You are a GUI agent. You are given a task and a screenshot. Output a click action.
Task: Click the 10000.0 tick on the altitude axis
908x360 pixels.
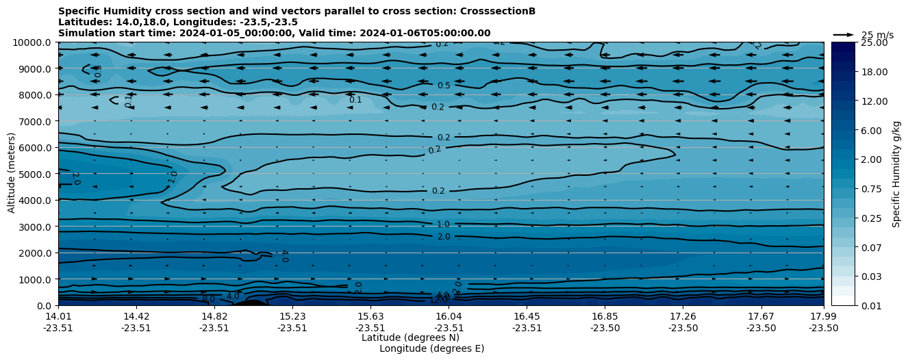pos(33,42)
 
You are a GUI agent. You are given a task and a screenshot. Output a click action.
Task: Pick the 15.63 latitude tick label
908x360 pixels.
pos(370,316)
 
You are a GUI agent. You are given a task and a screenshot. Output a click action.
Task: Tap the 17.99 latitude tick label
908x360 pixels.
pos(823,316)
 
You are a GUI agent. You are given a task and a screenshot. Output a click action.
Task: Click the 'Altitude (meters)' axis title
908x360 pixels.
pos(12,174)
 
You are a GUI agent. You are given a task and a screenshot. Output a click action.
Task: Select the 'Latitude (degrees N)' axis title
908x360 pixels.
pos(410,337)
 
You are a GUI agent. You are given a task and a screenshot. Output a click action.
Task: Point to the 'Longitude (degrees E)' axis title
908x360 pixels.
pos(431,348)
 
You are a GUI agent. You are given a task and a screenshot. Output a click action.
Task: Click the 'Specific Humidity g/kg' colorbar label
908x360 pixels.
pos(896,174)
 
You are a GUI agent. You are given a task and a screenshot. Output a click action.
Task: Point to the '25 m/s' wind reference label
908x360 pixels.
pos(877,35)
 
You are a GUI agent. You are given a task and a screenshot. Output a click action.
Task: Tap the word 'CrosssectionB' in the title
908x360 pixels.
pos(501,11)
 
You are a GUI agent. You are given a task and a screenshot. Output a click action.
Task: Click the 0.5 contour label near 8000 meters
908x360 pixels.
pos(444,86)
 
